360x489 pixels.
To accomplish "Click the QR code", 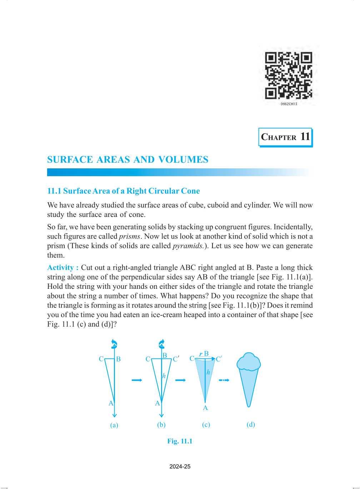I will pyautogui.click(x=289, y=75).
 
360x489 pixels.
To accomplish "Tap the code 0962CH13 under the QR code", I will pyautogui.click(x=289, y=104).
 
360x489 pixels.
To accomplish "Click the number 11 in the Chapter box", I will pyautogui.click(x=305, y=137).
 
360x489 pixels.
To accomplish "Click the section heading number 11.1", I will pyautogui.click(x=54, y=191).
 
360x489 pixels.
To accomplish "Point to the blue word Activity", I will pyautogui.click(x=60, y=267).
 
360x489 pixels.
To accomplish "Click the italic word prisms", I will pyautogui.click(x=129, y=236).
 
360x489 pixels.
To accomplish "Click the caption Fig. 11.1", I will pyautogui.click(x=180, y=441).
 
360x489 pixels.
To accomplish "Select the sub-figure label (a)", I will pyautogui.click(x=114, y=425).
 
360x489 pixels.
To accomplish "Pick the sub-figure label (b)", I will pyautogui.click(x=161, y=425).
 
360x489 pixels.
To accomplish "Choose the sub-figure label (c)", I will pyautogui.click(x=206, y=425).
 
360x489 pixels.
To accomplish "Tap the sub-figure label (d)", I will pyautogui.click(x=251, y=424).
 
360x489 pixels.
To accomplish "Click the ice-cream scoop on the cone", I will pyautogui.click(x=249, y=362).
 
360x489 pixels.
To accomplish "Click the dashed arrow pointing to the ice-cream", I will pyautogui.click(x=224, y=380).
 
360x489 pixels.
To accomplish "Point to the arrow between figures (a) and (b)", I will pyautogui.click(x=137, y=380).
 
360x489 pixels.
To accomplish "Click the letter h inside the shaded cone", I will pyautogui.click(x=208, y=372).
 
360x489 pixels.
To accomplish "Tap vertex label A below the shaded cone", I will pyautogui.click(x=205, y=408).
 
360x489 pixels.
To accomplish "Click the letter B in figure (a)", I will pyautogui.click(x=118, y=359).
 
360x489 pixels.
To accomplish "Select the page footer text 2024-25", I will pyautogui.click(x=180, y=466).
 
